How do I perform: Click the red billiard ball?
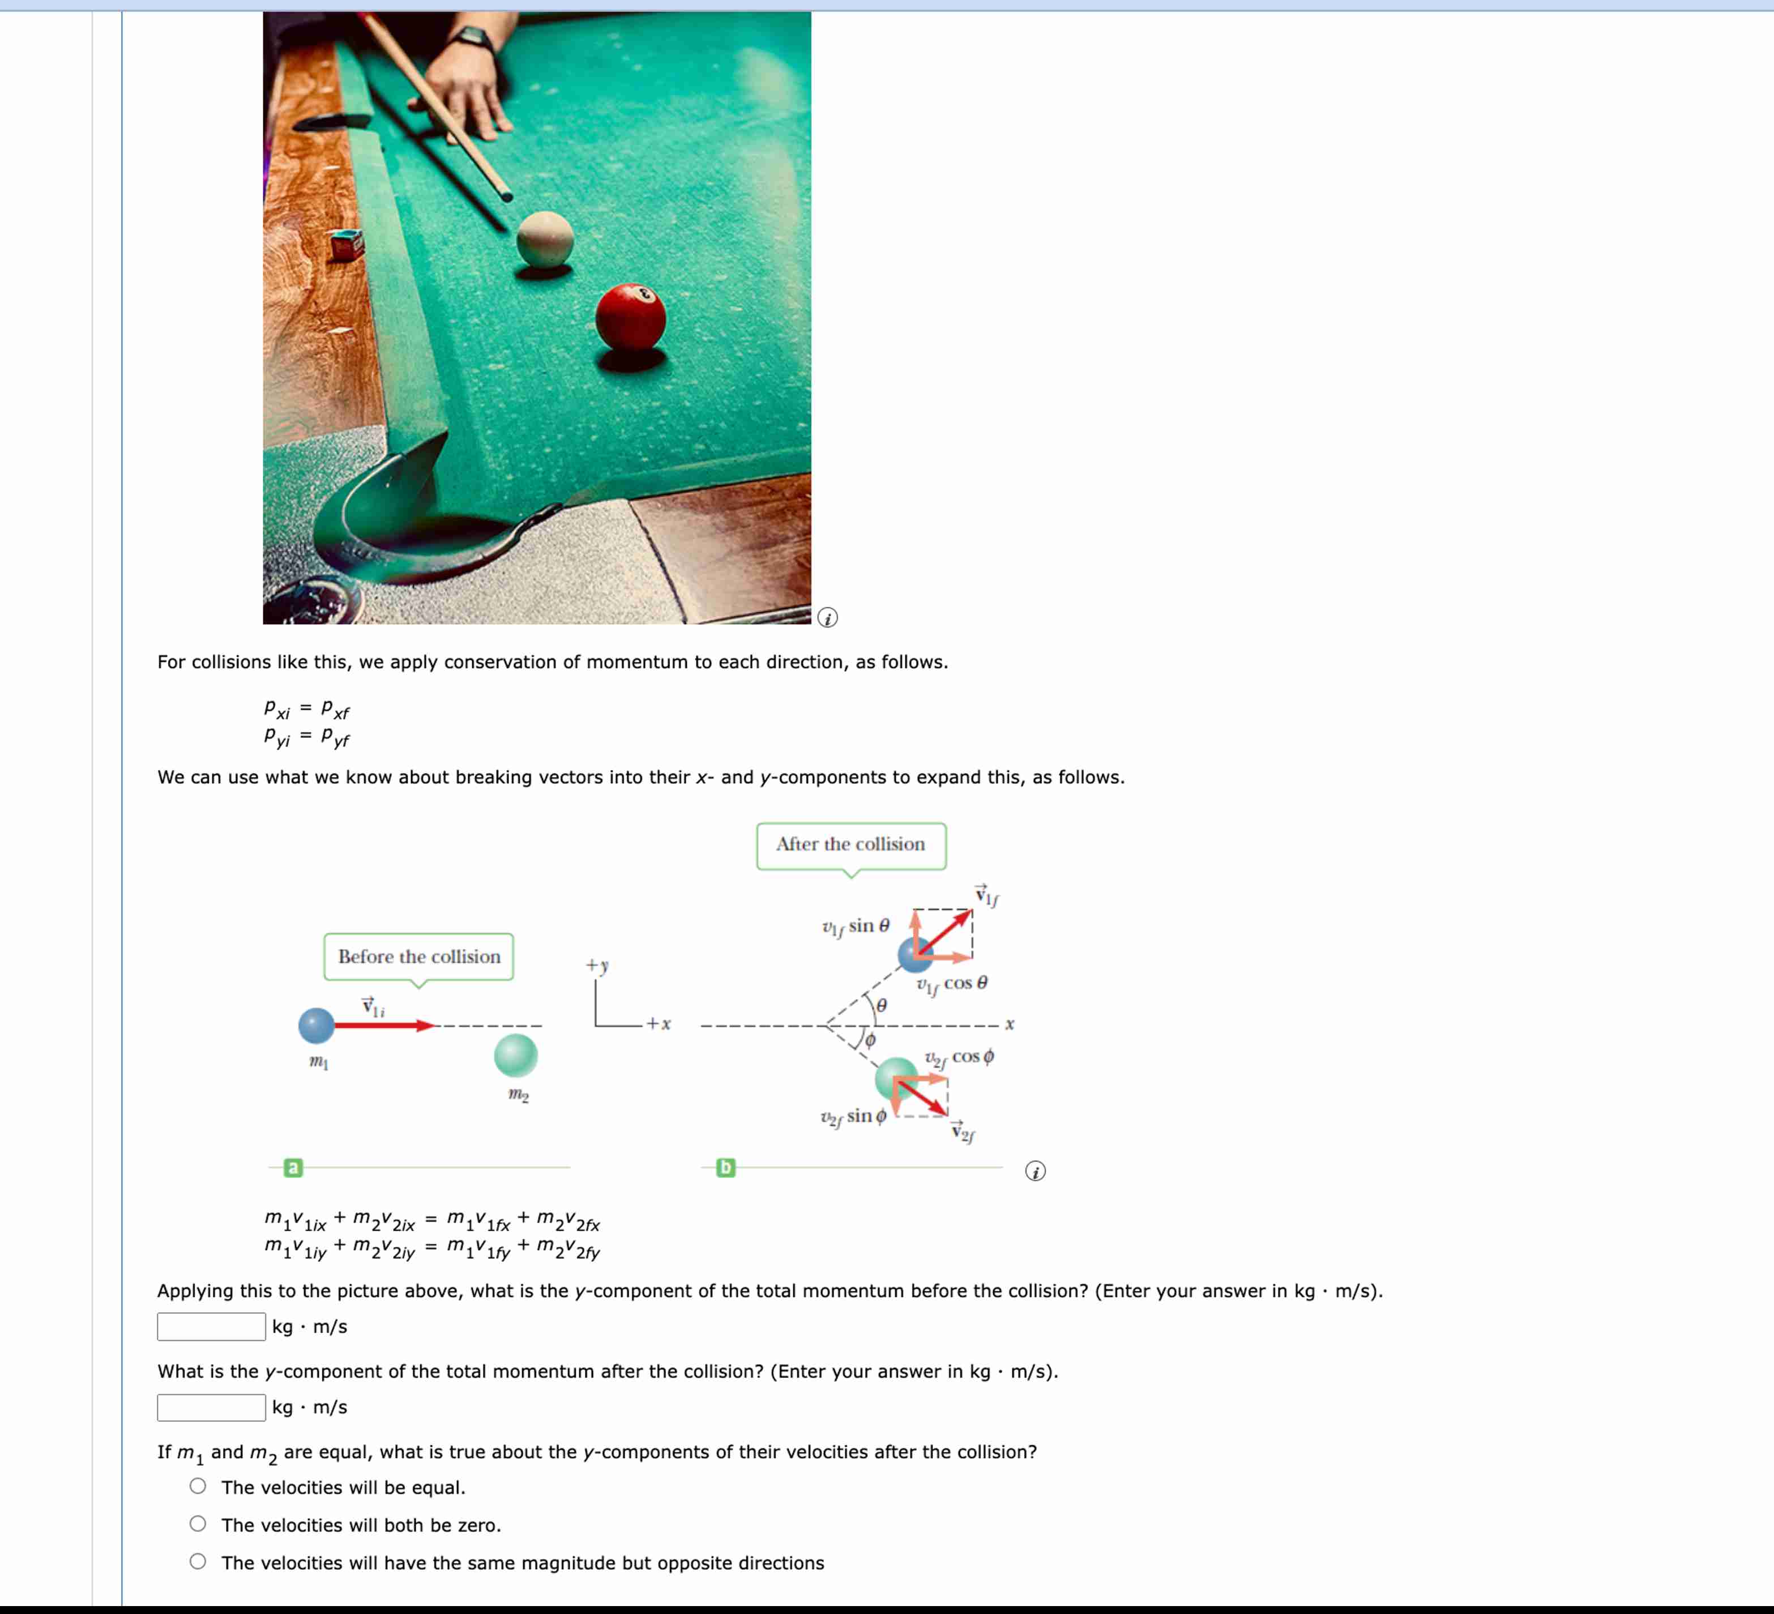(630, 316)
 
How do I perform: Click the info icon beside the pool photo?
(827, 618)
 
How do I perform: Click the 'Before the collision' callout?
(419, 957)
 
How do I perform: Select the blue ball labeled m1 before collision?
(316, 1025)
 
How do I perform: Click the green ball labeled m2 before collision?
(516, 1055)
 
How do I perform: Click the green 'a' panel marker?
(293, 1168)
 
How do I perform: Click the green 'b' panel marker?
(725, 1168)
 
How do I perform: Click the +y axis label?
(597, 966)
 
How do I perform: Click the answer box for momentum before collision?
(211, 1326)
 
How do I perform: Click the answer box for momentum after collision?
(211, 1407)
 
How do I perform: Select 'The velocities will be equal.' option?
(198, 1487)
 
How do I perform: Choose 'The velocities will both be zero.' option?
(198, 1524)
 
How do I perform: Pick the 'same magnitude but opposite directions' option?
(198, 1562)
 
